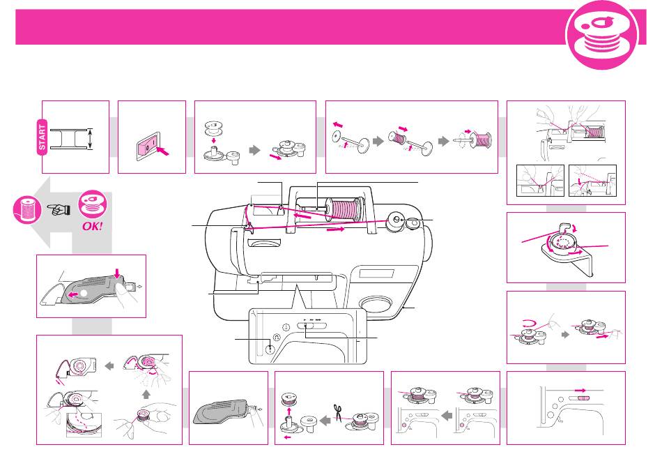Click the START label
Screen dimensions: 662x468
point(43,137)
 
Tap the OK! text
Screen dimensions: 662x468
point(93,226)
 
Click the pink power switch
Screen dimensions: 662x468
point(147,147)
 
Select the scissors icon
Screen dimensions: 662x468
point(337,412)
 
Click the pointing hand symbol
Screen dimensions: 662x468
point(59,209)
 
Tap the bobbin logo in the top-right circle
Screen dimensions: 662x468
point(602,35)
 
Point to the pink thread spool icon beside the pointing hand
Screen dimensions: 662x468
point(27,210)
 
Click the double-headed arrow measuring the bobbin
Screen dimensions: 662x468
point(90,139)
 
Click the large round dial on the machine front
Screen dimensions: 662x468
point(376,305)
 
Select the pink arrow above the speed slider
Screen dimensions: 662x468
point(580,391)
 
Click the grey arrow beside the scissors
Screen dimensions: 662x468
point(325,420)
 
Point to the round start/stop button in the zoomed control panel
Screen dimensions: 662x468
point(270,349)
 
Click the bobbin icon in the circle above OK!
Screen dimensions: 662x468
point(93,204)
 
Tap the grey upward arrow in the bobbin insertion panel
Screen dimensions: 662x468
point(146,395)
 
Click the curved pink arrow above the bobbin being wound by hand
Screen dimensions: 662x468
point(530,324)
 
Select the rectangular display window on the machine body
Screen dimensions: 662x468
point(376,273)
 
